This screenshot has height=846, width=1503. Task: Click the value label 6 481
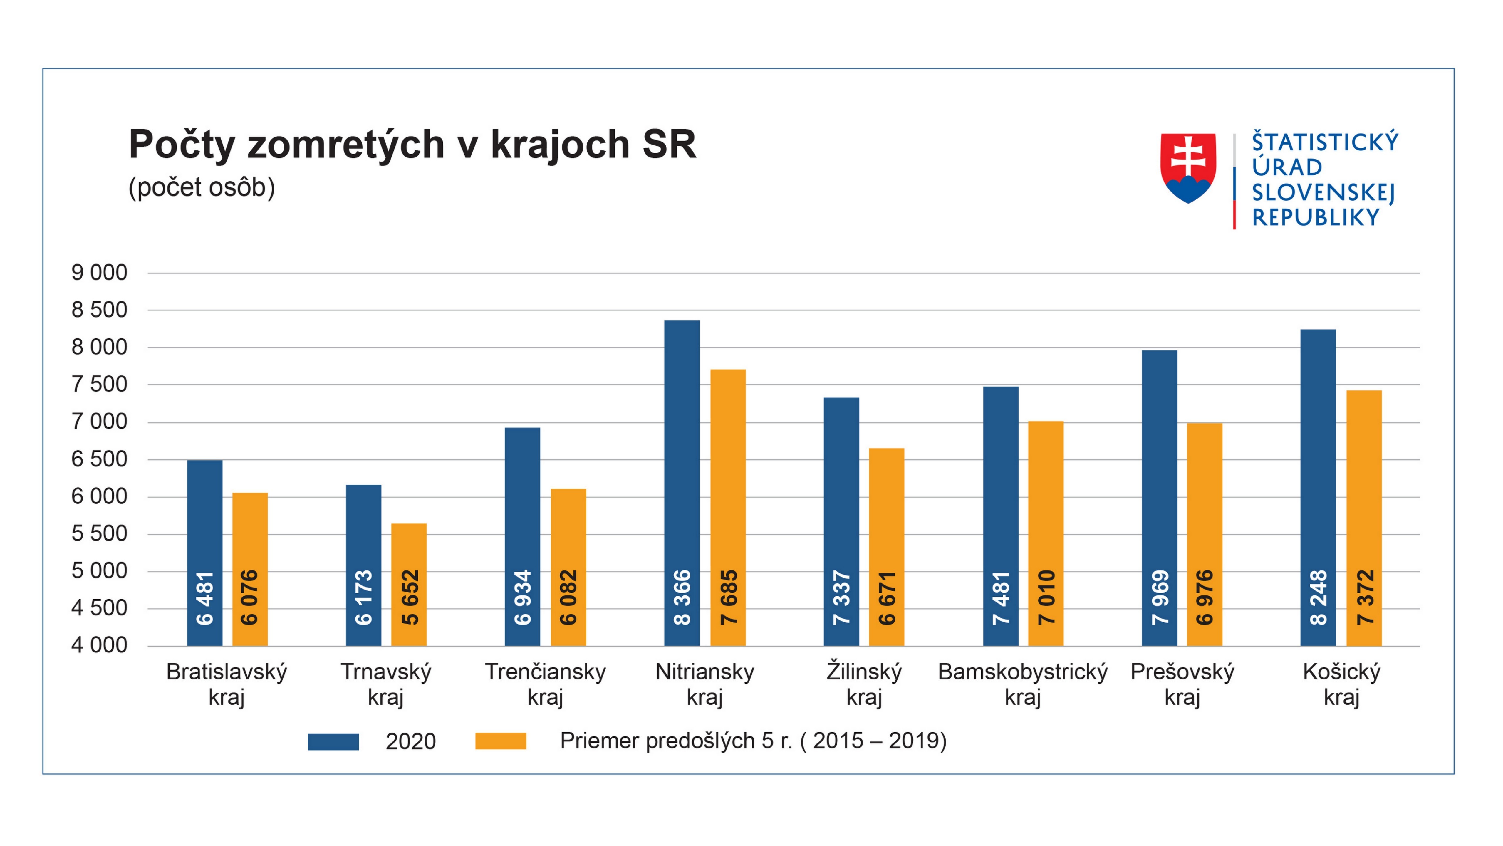205,598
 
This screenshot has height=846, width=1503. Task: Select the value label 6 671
887,598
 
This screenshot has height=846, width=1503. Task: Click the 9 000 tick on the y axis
99,273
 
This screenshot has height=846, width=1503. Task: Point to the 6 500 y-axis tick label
99,459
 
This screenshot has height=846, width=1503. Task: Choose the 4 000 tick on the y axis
99,645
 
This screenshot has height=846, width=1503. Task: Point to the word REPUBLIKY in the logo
1316,218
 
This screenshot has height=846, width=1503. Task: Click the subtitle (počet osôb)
201,188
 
